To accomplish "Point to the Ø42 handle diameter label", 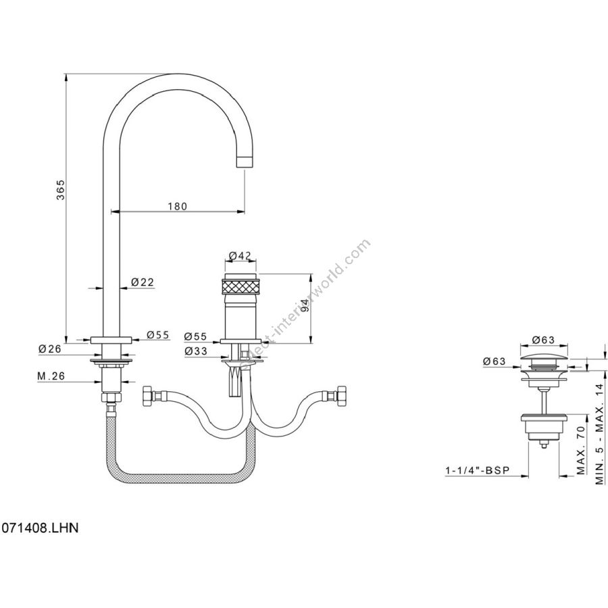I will click(240, 255).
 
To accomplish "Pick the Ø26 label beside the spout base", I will click(50, 349).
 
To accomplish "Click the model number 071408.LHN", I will click(40, 527).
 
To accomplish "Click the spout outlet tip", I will click(245, 162).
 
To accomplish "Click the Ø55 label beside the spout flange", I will click(158, 335).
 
